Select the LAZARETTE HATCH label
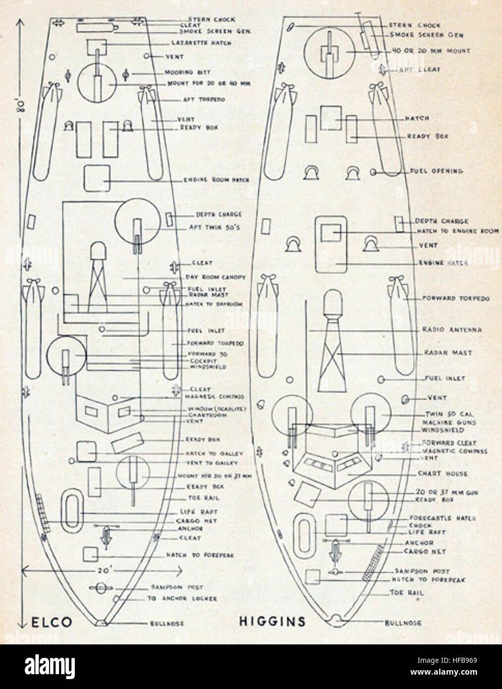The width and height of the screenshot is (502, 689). [201, 43]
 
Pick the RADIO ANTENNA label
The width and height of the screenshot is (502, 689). [452, 330]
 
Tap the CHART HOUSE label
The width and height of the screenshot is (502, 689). [443, 474]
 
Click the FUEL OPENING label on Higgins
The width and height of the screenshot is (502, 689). [436, 172]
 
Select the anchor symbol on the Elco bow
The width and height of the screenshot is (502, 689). [105, 534]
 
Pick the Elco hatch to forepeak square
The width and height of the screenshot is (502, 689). [90, 554]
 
